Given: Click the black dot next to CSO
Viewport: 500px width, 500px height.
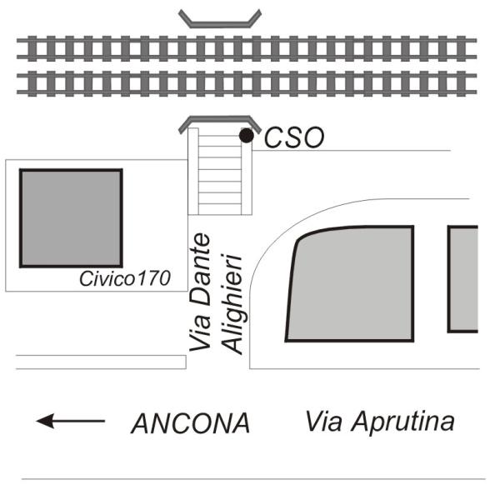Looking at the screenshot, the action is [246, 135].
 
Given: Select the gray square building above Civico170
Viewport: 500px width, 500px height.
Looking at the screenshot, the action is [71, 217].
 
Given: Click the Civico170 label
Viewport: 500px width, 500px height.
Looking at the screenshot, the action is [124, 279].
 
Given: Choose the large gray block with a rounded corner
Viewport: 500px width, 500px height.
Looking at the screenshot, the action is [351, 283].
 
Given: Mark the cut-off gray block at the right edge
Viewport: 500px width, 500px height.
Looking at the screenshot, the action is [463, 278].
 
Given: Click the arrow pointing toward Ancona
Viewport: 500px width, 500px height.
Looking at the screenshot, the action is [70, 422].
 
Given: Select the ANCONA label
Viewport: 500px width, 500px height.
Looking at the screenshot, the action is [190, 423].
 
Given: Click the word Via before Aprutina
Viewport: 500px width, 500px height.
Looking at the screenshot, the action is [323, 421].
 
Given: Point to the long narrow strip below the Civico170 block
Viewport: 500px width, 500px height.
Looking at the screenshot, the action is [100, 362].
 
